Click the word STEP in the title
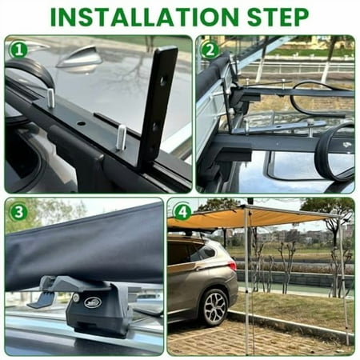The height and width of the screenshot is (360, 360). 271,16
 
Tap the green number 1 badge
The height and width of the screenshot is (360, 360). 18,50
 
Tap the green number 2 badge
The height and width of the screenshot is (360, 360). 210,50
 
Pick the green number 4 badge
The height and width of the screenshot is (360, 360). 182,212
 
